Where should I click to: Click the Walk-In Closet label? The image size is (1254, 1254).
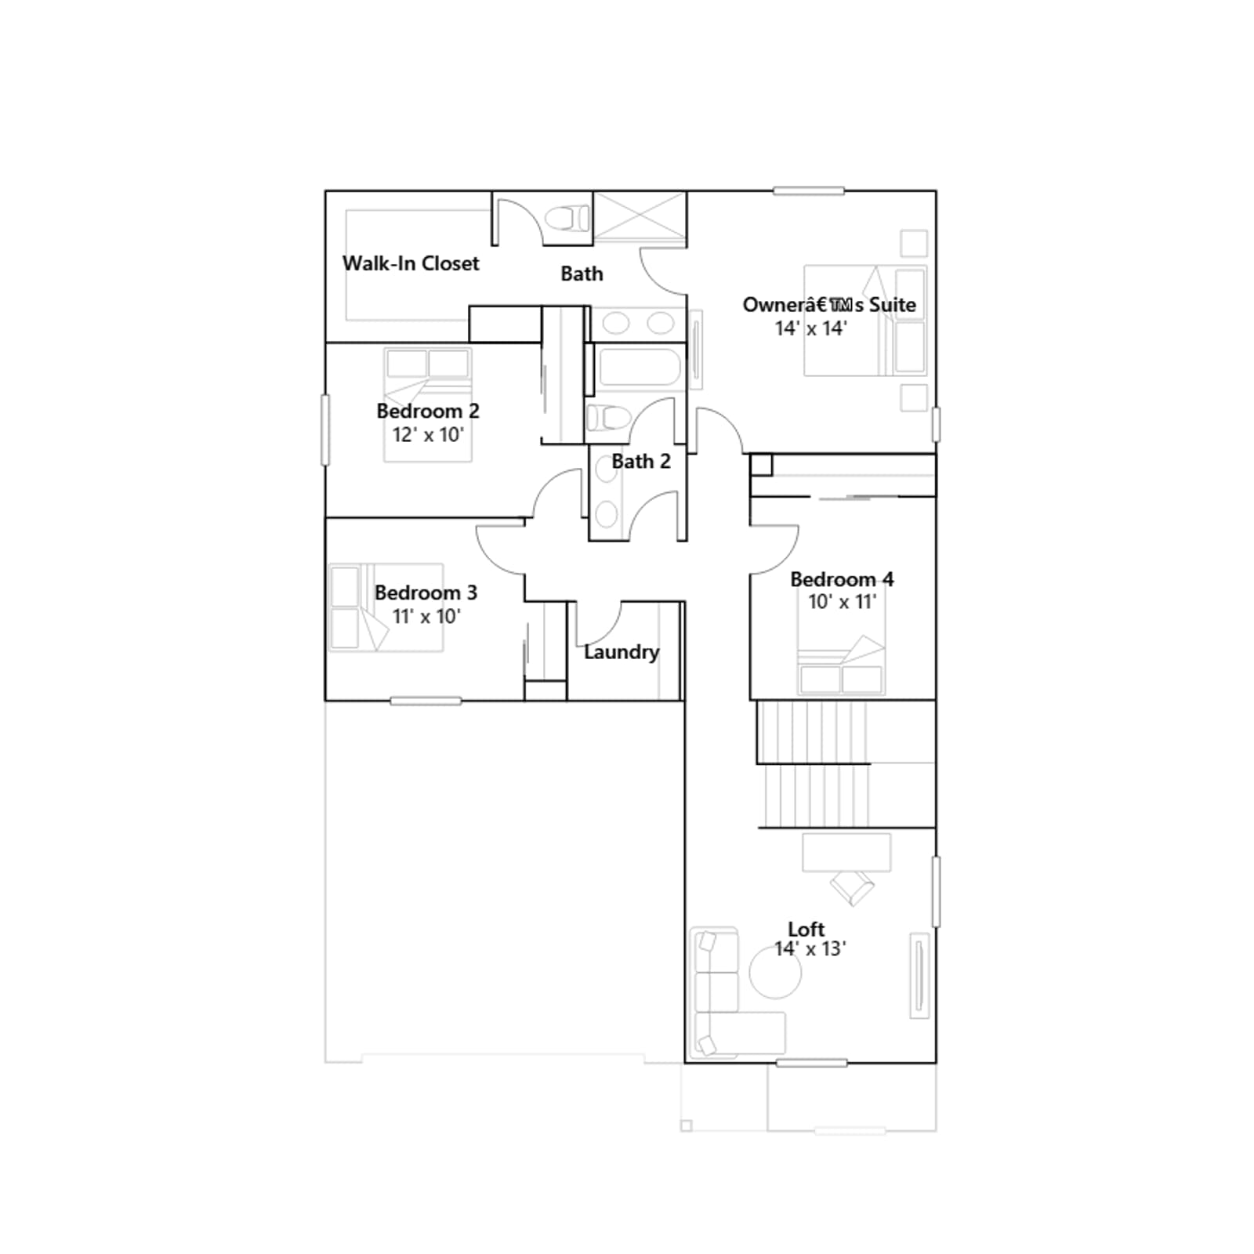pos(411,263)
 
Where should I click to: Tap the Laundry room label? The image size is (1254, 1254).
pos(622,652)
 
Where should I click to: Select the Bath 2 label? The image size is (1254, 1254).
pos(641,462)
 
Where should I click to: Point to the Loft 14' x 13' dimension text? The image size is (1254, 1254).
pos(810,949)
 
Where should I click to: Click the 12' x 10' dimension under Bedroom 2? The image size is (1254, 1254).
pos(428,435)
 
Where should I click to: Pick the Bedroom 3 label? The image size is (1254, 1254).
pos(426,593)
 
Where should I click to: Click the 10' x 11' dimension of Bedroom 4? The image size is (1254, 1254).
pos(842,602)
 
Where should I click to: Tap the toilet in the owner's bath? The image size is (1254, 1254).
pos(568,218)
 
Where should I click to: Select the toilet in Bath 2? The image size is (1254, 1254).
pos(607,418)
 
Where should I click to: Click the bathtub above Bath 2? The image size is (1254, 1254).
pos(639,368)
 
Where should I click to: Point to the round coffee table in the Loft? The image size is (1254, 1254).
pos(775,973)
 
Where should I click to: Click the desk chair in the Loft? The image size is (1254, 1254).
pos(853,887)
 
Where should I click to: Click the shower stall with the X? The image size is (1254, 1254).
pos(640,217)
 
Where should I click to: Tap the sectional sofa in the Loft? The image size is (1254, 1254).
pos(729,992)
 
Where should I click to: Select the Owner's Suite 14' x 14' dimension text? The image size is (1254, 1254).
pos(811,328)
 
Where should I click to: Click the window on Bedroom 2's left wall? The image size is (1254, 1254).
pos(325,429)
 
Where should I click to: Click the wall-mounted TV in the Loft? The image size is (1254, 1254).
pos(919,976)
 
